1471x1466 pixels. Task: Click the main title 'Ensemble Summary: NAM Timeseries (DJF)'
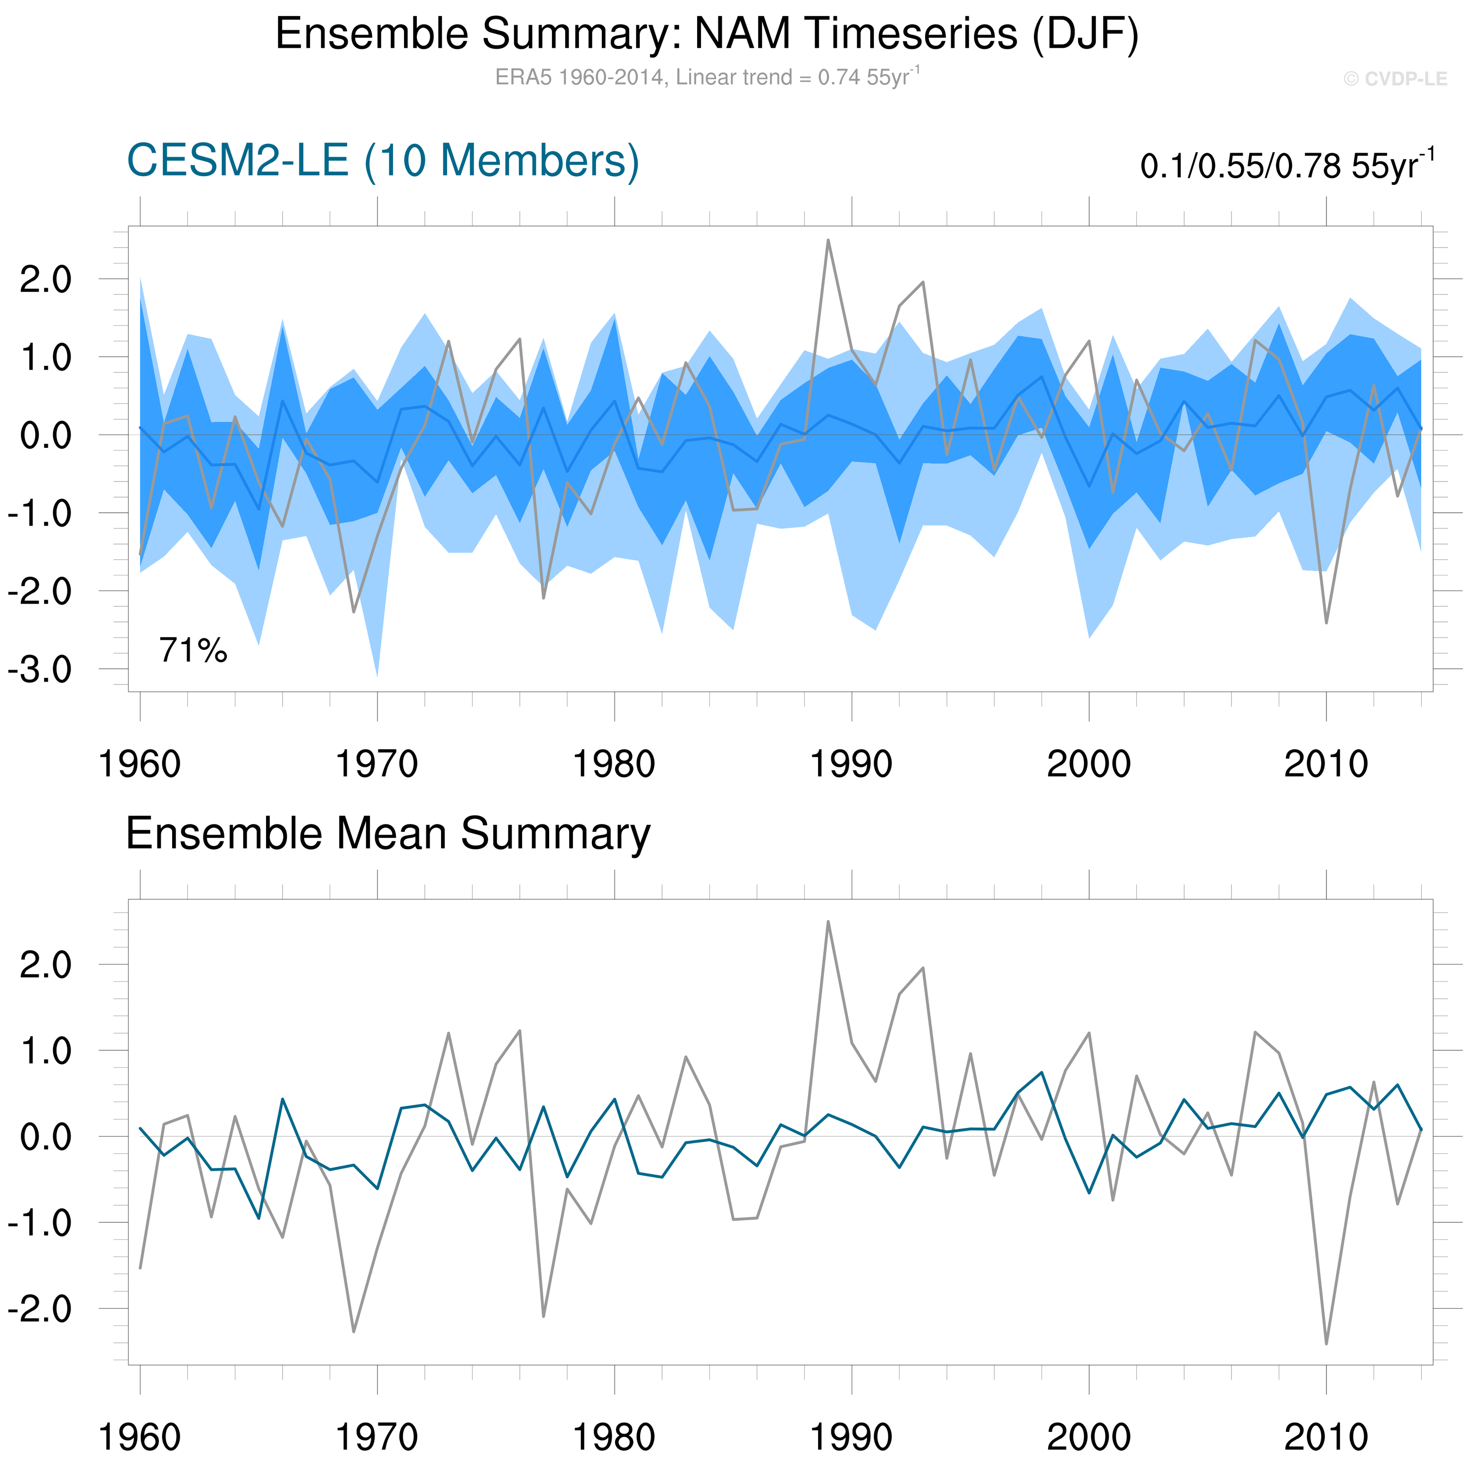(707, 34)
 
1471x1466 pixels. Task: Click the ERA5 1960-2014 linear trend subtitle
(707, 77)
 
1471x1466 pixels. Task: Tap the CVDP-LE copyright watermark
(1394, 79)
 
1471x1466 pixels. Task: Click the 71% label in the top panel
(193, 651)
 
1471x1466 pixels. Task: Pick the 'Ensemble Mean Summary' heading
(387, 833)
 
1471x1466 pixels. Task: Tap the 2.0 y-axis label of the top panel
(46, 280)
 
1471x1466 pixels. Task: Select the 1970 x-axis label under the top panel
(377, 764)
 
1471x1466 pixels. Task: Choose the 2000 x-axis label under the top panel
(1089, 764)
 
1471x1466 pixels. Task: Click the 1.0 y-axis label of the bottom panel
(46, 1052)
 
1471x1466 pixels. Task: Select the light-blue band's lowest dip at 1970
(377, 674)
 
